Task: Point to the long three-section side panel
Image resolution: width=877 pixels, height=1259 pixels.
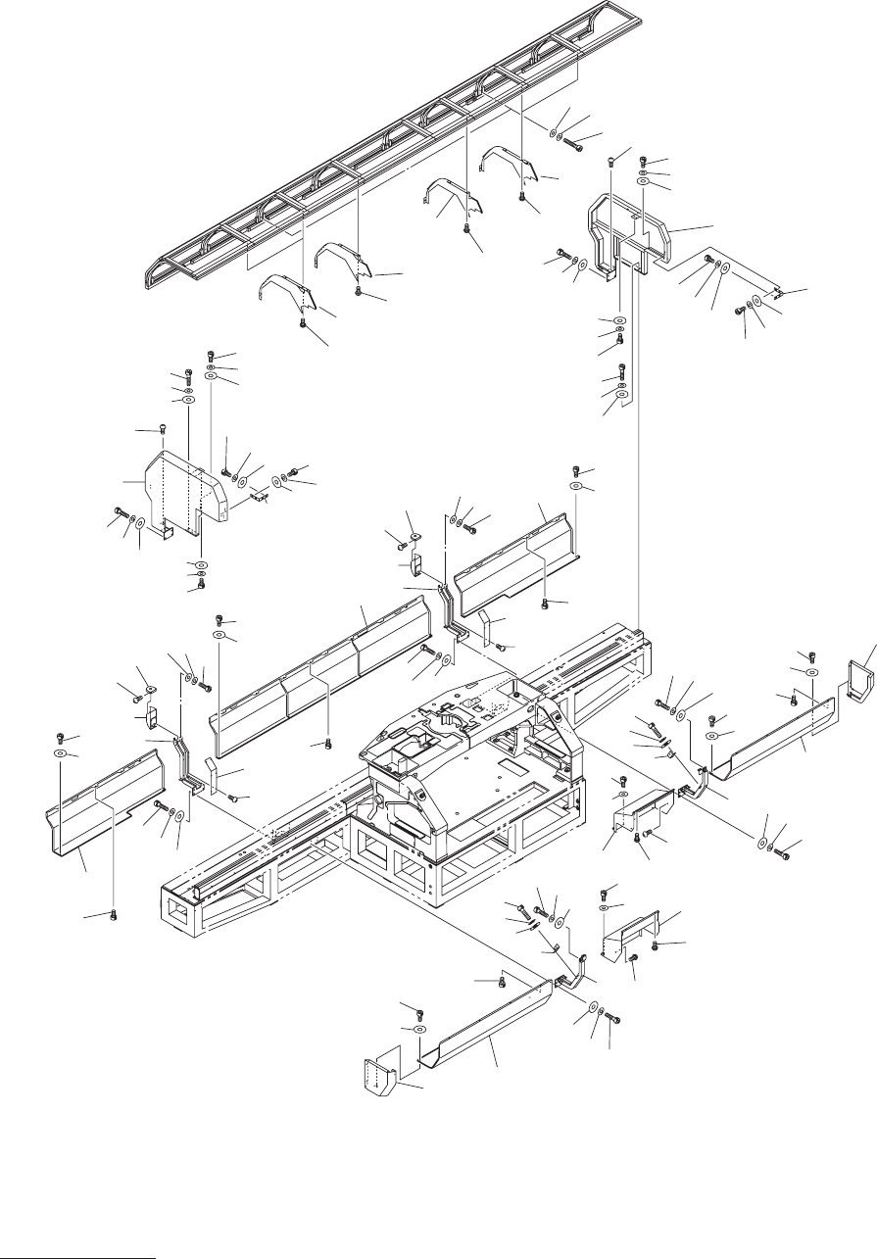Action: click(x=323, y=666)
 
